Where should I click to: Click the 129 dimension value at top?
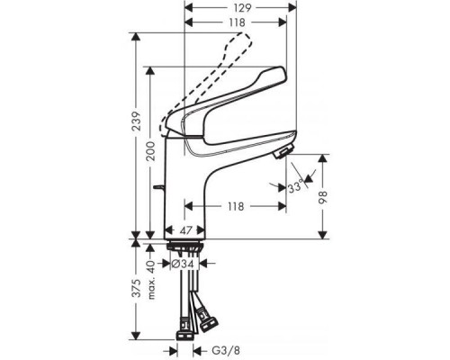[x=243, y=8]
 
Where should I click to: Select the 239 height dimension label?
[x=137, y=121]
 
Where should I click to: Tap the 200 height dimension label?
[x=151, y=151]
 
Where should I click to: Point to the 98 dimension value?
[x=323, y=197]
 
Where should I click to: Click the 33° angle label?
[x=295, y=187]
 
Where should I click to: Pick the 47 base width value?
[x=186, y=230]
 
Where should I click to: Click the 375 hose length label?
[x=137, y=288]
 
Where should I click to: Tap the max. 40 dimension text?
[x=152, y=280]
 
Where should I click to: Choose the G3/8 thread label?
[x=226, y=350]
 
